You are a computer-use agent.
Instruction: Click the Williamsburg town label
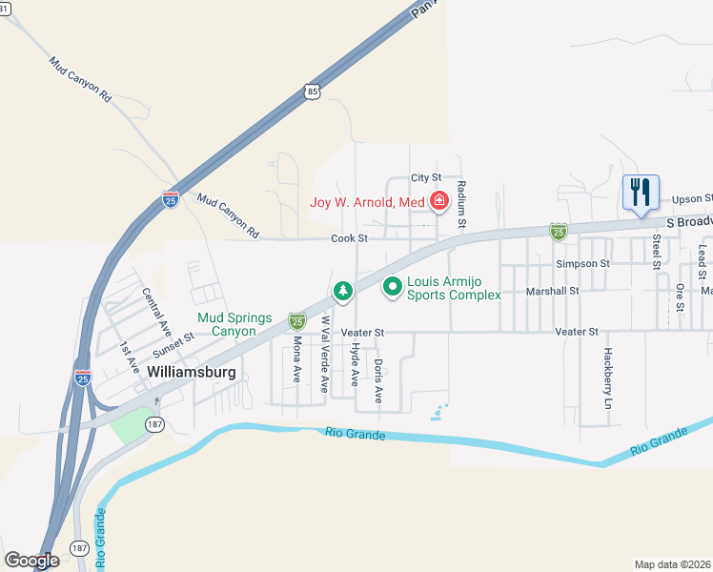point(192,372)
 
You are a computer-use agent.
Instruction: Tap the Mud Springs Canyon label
point(234,324)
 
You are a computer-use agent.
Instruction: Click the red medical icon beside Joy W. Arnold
point(438,201)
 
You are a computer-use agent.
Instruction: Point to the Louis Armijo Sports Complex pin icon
point(392,286)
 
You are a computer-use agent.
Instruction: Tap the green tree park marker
point(341,289)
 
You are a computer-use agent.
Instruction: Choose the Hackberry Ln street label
point(607,378)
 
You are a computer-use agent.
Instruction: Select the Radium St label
point(461,204)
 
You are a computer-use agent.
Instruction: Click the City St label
point(426,177)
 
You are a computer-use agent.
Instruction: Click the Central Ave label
point(156,312)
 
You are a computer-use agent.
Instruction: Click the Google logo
point(31,560)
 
